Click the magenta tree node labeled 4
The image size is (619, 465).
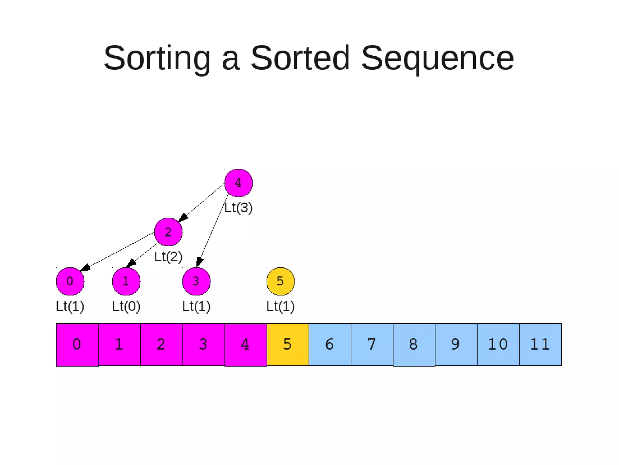tap(238, 183)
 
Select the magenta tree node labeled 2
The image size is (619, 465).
tap(168, 232)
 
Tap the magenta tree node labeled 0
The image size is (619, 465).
tap(70, 281)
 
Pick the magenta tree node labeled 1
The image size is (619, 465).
tap(126, 281)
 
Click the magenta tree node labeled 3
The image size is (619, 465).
tap(196, 281)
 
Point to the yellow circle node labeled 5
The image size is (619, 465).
tap(280, 281)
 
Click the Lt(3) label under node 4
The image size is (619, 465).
tap(238, 208)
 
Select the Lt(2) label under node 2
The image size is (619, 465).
tap(168, 257)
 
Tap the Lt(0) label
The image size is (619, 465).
tap(126, 306)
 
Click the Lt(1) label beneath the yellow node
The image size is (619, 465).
tap(280, 306)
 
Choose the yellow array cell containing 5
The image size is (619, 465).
tap(288, 345)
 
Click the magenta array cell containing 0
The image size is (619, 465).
tap(77, 345)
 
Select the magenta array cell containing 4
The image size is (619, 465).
tap(246, 345)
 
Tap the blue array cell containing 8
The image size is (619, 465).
tap(414, 345)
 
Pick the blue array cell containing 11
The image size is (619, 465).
tap(540, 345)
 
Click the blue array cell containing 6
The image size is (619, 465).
tap(330, 345)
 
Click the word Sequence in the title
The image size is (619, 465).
tap(437, 58)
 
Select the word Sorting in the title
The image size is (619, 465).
tap(157, 58)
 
